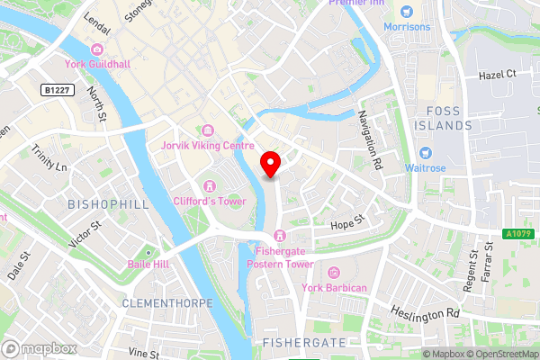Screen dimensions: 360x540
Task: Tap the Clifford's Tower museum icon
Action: tap(209, 184)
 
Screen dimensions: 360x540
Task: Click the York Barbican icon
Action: tap(334, 273)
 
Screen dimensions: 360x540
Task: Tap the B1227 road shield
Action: tap(58, 90)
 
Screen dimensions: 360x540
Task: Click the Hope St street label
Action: tap(346, 221)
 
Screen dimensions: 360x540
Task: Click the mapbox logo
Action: tap(38, 348)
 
